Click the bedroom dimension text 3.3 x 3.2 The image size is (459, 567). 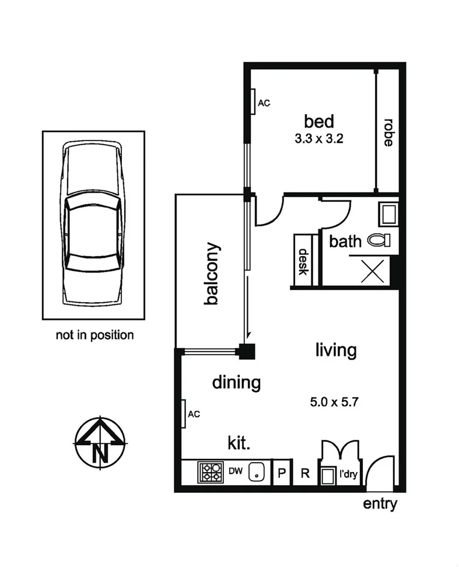pyautogui.click(x=319, y=139)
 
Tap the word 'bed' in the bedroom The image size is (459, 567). pyautogui.click(x=319, y=122)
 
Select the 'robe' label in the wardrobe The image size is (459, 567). pyautogui.click(x=387, y=132)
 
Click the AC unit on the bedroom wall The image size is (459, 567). pyautogui.click(x=254, y=101)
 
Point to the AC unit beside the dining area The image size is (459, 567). pyautogui.click(x=183, y=414)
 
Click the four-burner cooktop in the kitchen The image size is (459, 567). pyautogui.click(x=209, y=471)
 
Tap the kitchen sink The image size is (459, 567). pyautogui.click(x=256, y=472)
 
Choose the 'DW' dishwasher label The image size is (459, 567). pyautogui.click(x=234, y=471)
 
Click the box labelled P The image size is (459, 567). pyautogui.click(x=282, y=473)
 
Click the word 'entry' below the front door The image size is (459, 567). pyautogui.click(x=380, y=503)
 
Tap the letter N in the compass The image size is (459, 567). pyautogui.click(x=100, y=451)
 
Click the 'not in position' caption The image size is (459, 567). pyautogui.click(x=94, y=335)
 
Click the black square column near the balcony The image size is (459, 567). pyautogui.click(x=246, y=351)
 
